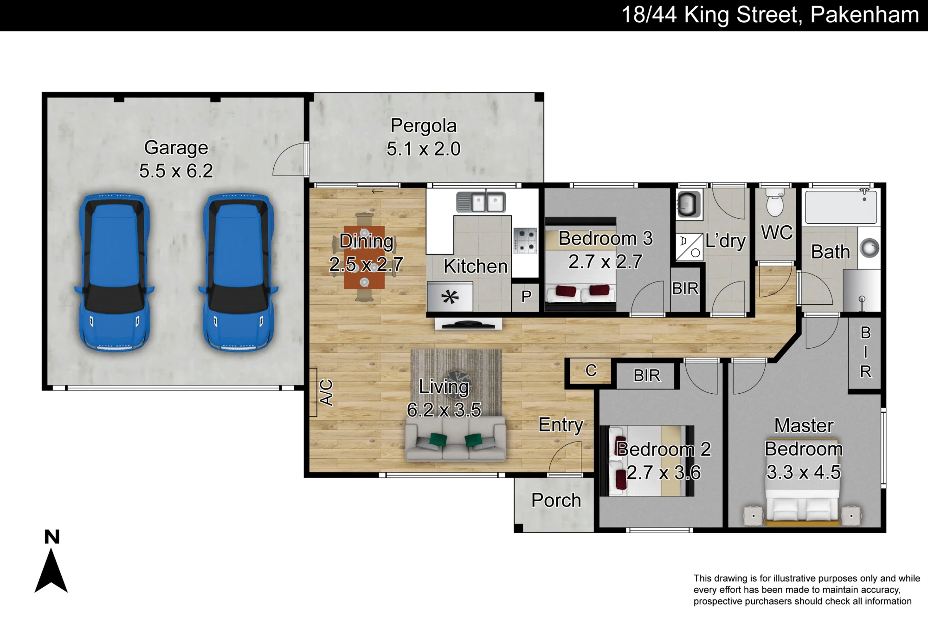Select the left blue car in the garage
[114, 272]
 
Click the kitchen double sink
[481, 202]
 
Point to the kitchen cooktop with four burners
[525, 241]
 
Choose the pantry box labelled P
[526, 296]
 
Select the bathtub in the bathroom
[841, 207]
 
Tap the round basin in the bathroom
[869, 248]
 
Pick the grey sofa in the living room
[456, 439]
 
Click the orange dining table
[364, 258]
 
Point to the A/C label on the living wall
[326, 392]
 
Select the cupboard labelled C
[590, 371]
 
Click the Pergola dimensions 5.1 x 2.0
[423, 149]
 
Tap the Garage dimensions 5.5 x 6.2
[176, 171]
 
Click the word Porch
[556, 500]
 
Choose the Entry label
[561, 425]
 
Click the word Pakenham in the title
[864, 15]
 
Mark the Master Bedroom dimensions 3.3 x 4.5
[803, 472]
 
